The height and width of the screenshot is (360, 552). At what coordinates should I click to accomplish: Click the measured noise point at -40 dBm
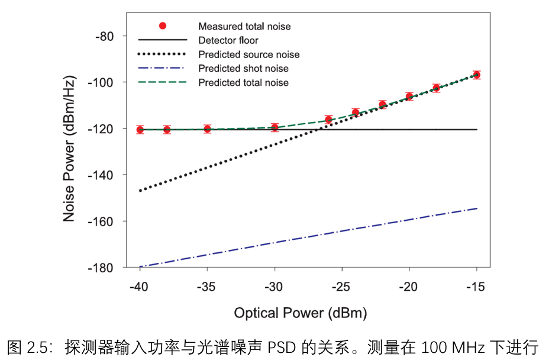click(140, 130)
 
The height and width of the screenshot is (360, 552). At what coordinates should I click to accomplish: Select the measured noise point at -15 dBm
click(476, 75)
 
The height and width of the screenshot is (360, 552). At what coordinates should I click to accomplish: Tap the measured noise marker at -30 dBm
click(275, 127)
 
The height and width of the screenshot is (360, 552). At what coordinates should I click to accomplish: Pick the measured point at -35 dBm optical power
click(208, 128)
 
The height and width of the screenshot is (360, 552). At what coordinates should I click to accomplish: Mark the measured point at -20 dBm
click(409, 96)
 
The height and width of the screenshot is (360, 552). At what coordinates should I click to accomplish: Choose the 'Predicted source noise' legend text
click(249, 54)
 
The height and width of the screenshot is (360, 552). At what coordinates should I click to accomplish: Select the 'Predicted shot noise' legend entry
click(244, 69)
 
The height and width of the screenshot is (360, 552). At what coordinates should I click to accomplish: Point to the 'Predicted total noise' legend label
click(244, 83)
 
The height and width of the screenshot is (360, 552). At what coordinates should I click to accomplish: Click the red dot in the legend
click(163, 26)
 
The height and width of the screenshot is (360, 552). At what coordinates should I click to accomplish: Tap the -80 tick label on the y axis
click(104, 36)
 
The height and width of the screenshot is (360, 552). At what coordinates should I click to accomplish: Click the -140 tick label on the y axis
click(101, 175)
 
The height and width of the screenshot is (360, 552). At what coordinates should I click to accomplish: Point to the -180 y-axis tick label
click(101, 268)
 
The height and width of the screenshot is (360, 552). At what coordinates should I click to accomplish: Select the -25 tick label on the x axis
click(341, 287)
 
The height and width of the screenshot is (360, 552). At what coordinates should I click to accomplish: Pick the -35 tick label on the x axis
click(207, 287)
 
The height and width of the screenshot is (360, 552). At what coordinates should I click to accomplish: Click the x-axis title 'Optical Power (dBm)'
click(301, 312)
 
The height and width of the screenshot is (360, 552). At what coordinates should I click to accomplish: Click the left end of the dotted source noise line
click(141, 191)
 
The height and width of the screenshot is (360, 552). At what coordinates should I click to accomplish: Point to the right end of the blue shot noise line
click(476, 208)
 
